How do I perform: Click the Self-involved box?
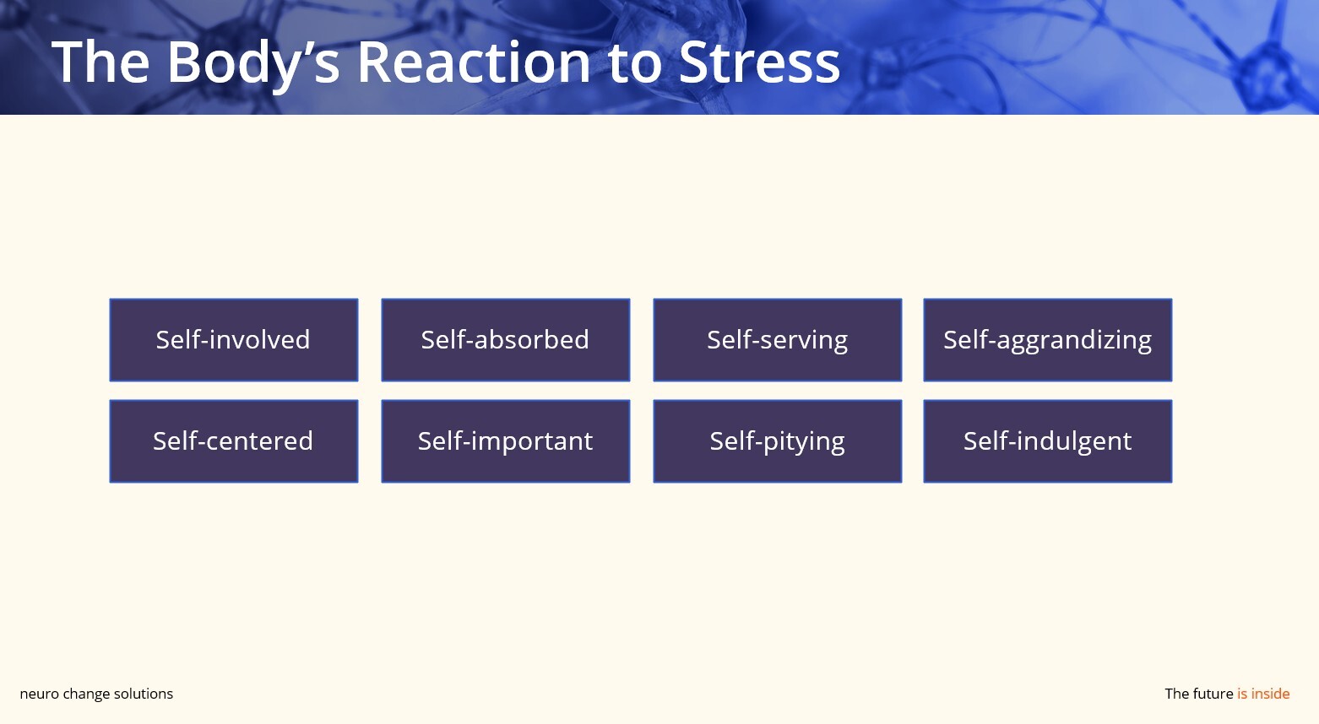pos(234,340)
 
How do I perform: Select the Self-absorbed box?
pos(505,340)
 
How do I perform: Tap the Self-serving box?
pos(777,340)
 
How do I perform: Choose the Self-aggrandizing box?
pos(1047,340)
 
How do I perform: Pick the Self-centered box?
pos(234,441)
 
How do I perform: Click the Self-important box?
pos(505,441)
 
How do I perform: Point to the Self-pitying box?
pos(777,441)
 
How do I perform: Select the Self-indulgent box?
pos(1047,441)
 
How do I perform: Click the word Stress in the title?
pos(759,62)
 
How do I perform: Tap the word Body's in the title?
pos(253,62)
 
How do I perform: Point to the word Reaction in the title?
pos(473,62)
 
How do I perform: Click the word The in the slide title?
pos(100,62)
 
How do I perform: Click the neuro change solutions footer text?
pos(96,694)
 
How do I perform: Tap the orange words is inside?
pos(1263,694)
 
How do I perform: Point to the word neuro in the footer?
pos(39,694)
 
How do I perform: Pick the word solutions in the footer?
pos(144,694)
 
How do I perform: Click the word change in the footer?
pos(86,694)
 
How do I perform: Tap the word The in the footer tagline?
pos(1176,694)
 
